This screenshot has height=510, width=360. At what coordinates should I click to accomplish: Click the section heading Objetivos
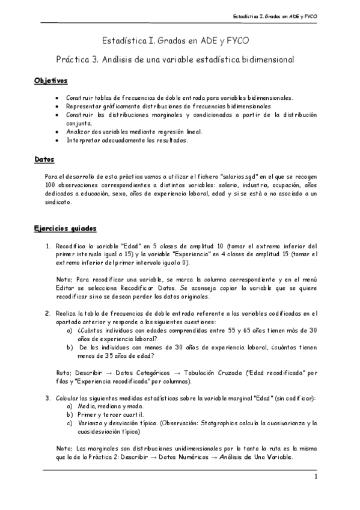point(50,81)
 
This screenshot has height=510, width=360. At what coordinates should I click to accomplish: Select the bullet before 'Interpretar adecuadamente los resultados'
point(56,140)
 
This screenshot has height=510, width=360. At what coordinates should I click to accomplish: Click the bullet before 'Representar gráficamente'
point(56,106)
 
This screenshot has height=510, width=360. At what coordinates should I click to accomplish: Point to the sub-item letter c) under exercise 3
point(70,423)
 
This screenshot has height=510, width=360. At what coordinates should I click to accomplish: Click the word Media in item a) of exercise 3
point(86,407)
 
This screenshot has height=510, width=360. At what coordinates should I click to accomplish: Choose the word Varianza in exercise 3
point(91,423)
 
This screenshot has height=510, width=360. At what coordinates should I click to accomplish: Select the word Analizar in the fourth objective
point(79,131)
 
